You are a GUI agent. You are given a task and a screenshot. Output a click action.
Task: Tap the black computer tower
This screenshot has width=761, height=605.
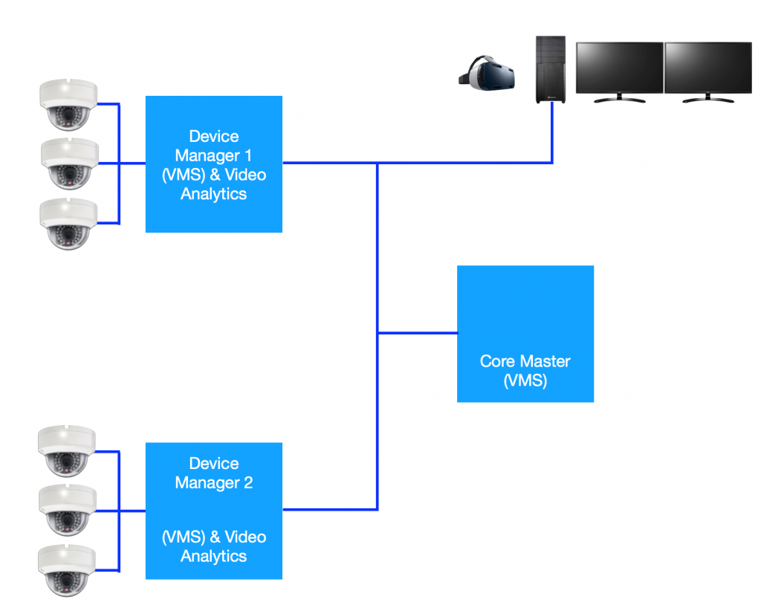[x=552, y=70]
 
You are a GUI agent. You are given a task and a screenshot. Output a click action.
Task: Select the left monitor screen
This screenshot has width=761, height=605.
[x=620, y=67]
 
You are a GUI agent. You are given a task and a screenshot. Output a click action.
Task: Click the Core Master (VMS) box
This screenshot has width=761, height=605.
[x=525, y=333]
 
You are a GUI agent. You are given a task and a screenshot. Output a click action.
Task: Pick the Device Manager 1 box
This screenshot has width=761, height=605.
[x=213, y=164]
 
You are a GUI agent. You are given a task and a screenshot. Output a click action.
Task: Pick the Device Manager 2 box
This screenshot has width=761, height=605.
[x=213, y=510]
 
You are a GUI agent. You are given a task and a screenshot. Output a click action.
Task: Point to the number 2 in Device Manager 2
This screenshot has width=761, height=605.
[x=247, y=482]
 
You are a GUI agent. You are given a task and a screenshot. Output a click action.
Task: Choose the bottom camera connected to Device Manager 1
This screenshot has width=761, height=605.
[x=68, y=223]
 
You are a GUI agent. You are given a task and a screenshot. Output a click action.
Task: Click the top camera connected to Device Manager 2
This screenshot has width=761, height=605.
[x=67, y=450]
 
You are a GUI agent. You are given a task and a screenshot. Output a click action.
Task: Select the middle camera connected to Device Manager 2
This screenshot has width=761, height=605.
[x=67, y=510]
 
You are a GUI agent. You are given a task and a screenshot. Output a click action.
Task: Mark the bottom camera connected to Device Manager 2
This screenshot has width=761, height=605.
[x=67, y=569]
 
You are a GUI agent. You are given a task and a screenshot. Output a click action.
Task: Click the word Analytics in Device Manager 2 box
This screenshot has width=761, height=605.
[x=213, y=556]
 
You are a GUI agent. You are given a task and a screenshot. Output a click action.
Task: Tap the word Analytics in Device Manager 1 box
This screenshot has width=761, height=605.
[x=213, y=194]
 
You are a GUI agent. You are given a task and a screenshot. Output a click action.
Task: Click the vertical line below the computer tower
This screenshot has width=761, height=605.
[x=552, y=134]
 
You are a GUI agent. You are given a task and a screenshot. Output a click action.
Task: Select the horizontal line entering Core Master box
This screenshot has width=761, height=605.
[x=418, y=333]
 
